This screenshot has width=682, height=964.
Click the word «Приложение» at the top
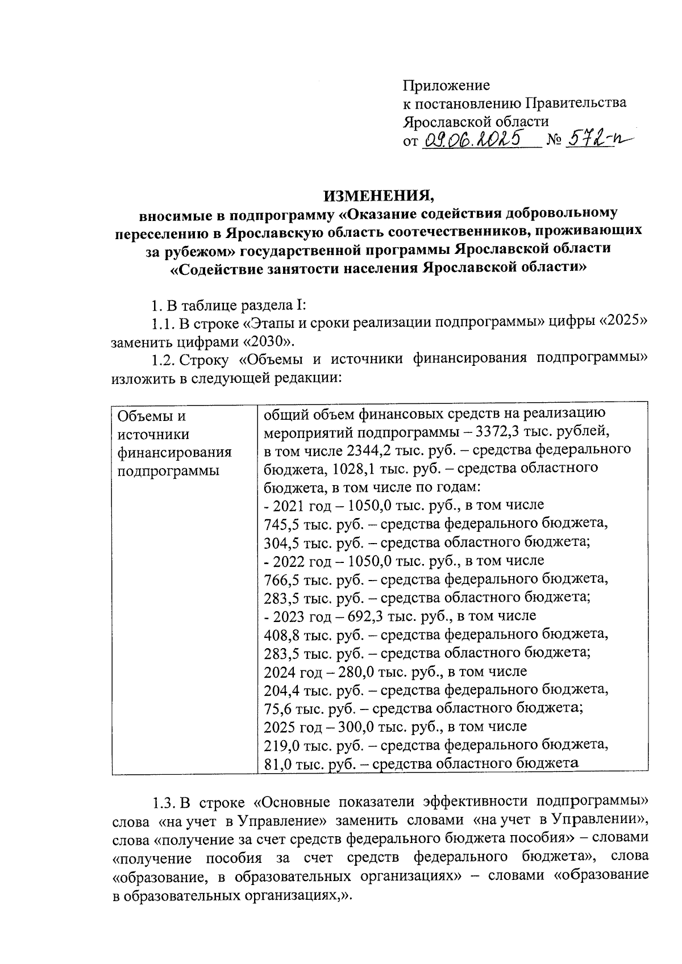(446, 85)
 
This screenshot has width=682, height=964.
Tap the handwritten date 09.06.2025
(473, 139)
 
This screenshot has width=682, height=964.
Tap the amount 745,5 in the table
(282, 523)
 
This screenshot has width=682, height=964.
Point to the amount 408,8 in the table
(282, 634)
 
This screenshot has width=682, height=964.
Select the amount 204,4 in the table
(282, 690)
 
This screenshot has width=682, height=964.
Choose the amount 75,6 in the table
(278, 708)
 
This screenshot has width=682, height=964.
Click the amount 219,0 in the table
(282, 745)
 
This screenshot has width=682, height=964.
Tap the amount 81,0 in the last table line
(278, 764)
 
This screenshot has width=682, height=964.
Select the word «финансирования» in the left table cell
(174, 453)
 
